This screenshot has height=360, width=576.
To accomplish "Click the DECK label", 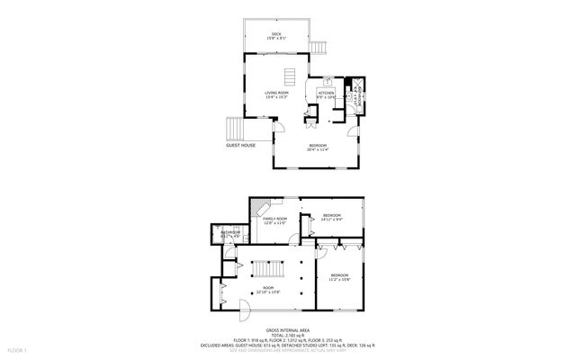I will click(277, 35).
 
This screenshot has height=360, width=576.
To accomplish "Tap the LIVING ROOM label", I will click(276, 94).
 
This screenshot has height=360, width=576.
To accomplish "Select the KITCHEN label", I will click(326, 94).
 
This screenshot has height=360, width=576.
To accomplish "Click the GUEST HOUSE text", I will click(240, 145).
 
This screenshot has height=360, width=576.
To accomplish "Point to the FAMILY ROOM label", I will click(274, 220).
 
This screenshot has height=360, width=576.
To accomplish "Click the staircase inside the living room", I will click(290, 76).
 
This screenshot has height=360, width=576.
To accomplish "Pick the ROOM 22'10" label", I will click(268, 291).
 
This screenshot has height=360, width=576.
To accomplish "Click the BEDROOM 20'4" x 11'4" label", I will click(318, 148).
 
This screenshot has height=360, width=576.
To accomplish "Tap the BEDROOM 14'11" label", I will click(331, 216).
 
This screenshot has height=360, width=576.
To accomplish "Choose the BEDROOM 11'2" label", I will click(339, 276).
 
